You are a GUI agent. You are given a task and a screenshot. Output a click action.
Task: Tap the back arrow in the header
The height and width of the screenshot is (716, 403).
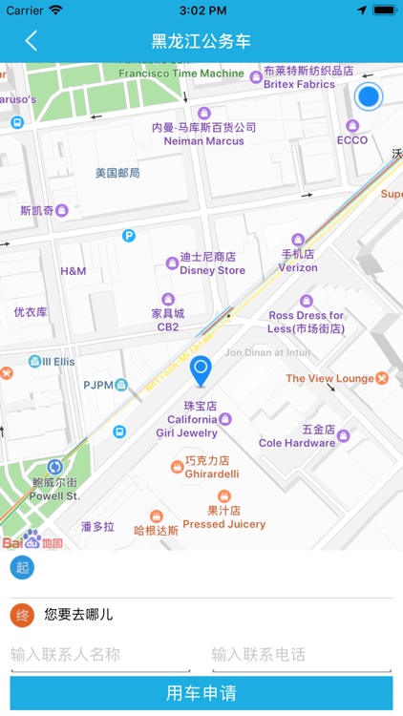(x=32, y=41)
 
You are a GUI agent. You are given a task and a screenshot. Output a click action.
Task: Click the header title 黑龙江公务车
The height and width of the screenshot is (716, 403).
(x=201, y=41)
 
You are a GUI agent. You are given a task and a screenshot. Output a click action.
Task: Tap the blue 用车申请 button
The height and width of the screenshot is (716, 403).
(x=201, y=693)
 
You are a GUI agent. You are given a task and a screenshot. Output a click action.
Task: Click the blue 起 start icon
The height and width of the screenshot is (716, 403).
(x=22, y=569)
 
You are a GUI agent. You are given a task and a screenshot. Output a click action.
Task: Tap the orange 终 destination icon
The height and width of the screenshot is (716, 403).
(x=22, y=615)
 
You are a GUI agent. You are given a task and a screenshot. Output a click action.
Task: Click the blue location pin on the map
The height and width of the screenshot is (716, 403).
(x=201, y=370)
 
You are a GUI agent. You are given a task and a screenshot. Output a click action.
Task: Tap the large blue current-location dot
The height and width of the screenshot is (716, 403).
(x=368, y=96)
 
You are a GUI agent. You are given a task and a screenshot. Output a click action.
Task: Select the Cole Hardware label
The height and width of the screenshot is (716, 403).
(x=297, y=443)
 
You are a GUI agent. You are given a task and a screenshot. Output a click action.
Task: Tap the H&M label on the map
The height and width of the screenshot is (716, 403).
(x=74, y=271)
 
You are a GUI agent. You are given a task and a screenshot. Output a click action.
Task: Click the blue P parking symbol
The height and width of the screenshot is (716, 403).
(x=129, y=236)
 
